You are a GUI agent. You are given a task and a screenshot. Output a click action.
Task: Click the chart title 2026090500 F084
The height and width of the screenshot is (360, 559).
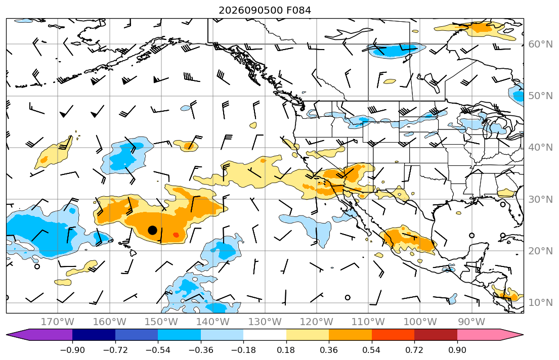click(x=265, y=10)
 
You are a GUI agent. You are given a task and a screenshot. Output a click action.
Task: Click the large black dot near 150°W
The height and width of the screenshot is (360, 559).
click(x=153, y=230)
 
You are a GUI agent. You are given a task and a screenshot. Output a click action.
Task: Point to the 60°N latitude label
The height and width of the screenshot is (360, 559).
click(x=540, y=44)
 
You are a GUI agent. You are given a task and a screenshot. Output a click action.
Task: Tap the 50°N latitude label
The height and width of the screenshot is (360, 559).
click(x=540, y=96)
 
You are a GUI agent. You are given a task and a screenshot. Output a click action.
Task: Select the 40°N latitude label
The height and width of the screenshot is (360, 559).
click(x=540, y=148)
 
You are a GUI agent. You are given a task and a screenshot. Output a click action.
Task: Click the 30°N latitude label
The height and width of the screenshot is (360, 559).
click(x=540, y=199)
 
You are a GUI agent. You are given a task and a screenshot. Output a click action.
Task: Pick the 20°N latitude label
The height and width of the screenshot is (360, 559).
click(x=540, y=251)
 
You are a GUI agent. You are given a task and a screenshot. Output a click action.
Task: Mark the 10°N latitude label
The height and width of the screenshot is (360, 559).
click(x=540, y=303)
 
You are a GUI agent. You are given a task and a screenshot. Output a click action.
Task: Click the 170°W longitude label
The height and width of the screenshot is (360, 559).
click(x=58, y=322)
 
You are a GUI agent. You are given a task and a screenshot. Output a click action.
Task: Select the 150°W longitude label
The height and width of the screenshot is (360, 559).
click(x=161, y=322)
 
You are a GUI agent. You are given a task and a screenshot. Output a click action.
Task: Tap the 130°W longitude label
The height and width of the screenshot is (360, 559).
click(x=265, y=322)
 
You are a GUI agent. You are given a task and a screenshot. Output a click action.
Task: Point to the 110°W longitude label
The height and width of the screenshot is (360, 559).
click(x=368, y=322)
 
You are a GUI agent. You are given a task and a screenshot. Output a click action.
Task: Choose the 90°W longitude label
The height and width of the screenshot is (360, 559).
click(x=471, y=322)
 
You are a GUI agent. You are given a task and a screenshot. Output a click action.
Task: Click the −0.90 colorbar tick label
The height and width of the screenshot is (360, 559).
click(x=72, y=350)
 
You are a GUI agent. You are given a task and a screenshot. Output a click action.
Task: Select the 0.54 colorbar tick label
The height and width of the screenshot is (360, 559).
click(x=371, y=350)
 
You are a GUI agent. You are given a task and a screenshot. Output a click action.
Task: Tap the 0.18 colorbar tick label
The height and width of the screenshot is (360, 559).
click(x=286, y=350)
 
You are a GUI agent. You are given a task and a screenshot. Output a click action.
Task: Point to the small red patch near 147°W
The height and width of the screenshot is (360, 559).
click(x=176, y=235)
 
